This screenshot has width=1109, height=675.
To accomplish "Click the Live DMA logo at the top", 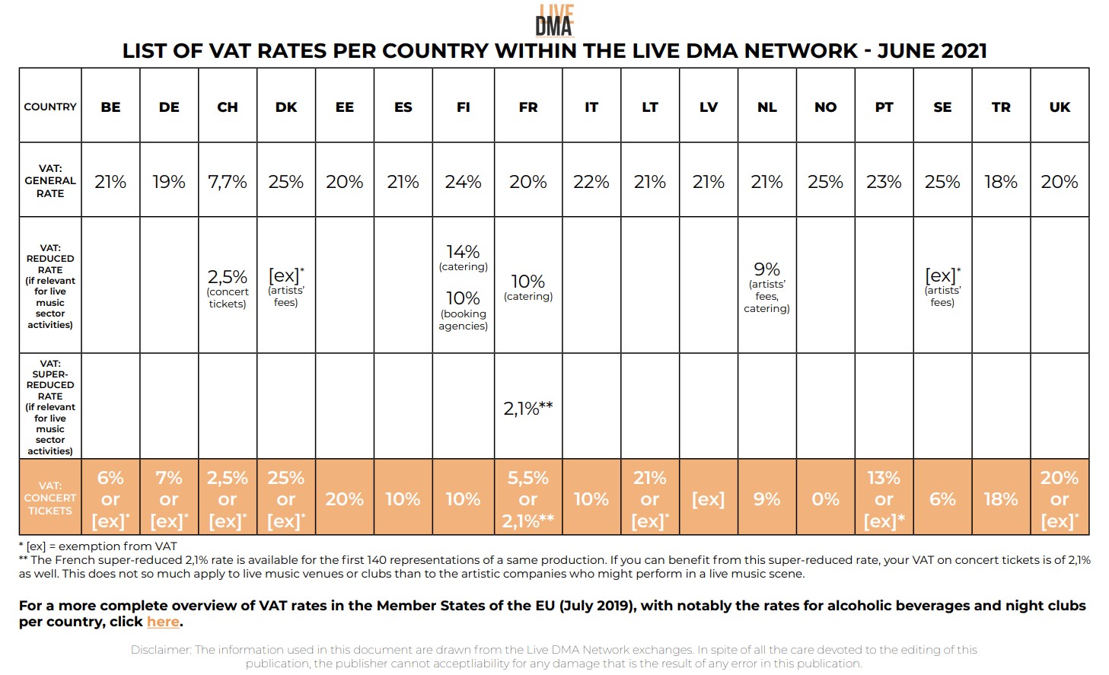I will pyautogui.click(x=554, y=21).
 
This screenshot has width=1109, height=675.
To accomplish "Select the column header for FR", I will pyautogui.click(x=527, y=107).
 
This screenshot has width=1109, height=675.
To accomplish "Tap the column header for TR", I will pyautogui.click(x=1001, y=107).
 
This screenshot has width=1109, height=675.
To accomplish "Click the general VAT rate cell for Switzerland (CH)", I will pyautogui.click(x=228, y=183).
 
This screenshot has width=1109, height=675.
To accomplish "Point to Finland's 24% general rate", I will pyautogui.click(x=463, y=183).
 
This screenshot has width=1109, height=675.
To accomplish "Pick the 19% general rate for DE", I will pyautogui.click(x=169, y=183).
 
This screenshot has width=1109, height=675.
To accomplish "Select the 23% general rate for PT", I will pyautogui.click(x=884, y=183).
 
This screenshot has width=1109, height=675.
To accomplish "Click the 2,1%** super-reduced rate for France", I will pyautogui.click(x=527, y=409).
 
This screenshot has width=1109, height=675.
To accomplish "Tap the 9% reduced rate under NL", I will pyautogui.click(x=766, y=270).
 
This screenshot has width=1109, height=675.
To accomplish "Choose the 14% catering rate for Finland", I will pyautogui.click(x=463, y=253).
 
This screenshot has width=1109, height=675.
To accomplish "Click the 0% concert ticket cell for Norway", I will pyautogui.click(x=825, y=499).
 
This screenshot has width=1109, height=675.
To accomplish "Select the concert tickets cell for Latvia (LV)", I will pyautogui.click(x=708, y=499).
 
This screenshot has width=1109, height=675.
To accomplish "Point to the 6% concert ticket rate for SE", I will pyautogui.click(x=942, y=499).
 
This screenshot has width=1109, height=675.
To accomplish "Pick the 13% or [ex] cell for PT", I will pyautogui.click(x=884, y=499).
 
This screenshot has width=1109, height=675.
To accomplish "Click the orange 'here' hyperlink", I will pyautogui.click(x=163, y=622).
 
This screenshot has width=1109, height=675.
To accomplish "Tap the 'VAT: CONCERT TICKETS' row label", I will pyautogui.click(x=50, y=498).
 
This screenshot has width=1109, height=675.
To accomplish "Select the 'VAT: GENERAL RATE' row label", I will pyautogui.click(x=50, y=181).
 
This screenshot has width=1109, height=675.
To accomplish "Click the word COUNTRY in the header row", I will pyautogui.click(x=50, y=107).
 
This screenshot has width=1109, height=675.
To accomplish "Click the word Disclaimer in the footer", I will pyautogui.click(x=161, y=650).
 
